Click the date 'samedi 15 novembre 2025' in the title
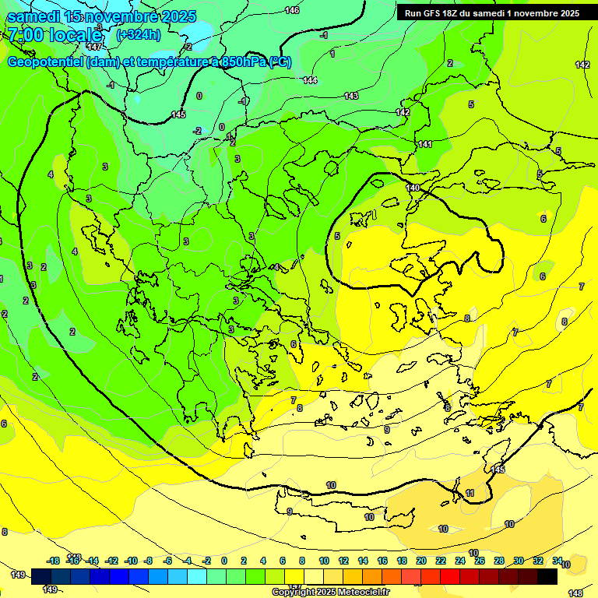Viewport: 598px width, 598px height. tap(101, 16)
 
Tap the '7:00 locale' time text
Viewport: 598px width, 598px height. tap(55, 35)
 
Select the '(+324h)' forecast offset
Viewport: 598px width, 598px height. tap(139, 34)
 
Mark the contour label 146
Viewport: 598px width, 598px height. tap(292, 10)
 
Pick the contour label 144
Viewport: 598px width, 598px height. tap(310, 80)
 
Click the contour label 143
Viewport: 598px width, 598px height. tap(351, 96)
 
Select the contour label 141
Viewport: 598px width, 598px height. tap(425, 144)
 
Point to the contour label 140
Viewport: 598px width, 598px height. tap(413, 188)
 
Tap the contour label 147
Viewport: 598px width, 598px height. tap(94, 47)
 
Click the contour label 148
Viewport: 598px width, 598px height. tap(575, 593)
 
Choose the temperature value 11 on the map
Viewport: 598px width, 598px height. tap(470, 494)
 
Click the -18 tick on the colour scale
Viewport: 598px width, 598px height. tap(54, 561)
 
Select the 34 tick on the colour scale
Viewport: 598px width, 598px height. tap(558, 561)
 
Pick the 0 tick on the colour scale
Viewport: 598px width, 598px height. tap(224, 561)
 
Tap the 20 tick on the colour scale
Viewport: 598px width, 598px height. tap(421, 561)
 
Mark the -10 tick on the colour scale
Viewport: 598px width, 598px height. tap(131, 561)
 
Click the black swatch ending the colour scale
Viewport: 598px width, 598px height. tap(547, 576)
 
